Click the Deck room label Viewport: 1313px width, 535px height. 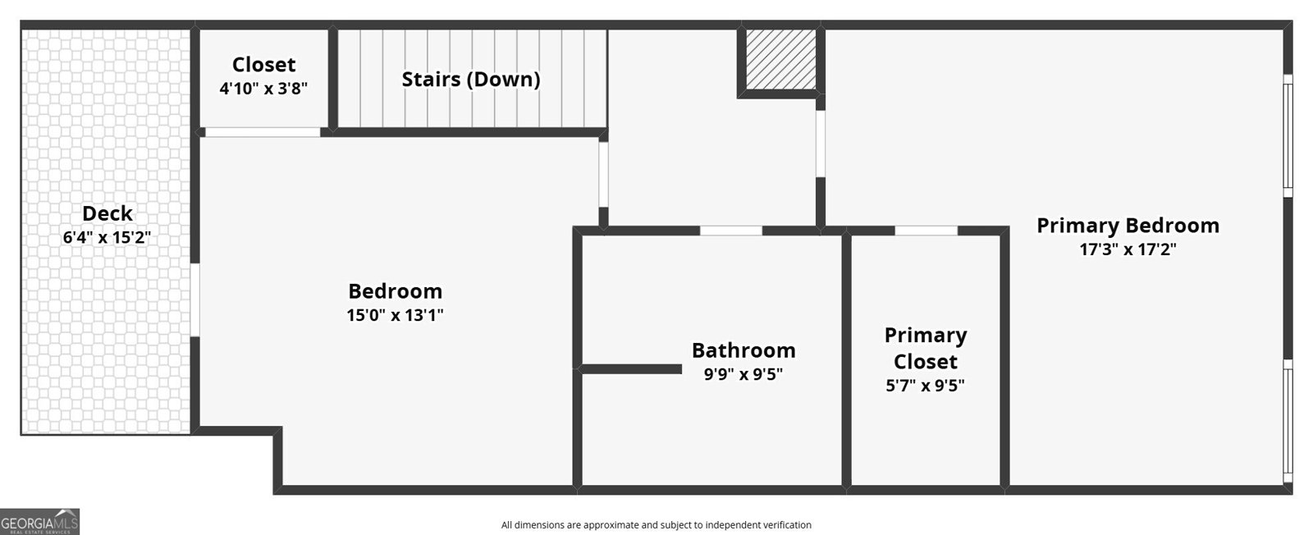coord(108,213)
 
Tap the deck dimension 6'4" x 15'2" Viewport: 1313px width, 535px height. coord(108,238)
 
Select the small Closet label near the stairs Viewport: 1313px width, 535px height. coord(263,65)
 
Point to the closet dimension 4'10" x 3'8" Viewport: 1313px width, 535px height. coord(263,89)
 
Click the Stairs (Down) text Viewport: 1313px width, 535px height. coord(471,80)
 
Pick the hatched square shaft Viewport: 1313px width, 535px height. coord(781,60)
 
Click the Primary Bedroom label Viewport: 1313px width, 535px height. coord(1128,226)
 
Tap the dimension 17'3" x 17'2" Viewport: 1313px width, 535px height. coord(1128,249)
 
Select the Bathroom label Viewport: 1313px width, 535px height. coord(743,350)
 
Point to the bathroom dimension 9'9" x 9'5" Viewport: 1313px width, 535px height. coord(743,374)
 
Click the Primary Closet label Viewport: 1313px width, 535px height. coord(925,348)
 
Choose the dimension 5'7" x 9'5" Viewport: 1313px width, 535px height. coord(925,385)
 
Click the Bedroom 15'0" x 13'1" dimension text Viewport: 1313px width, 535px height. coord(395,315)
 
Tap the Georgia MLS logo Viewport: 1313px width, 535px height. coord(39,522)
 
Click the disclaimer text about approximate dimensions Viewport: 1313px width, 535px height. coord(656,525)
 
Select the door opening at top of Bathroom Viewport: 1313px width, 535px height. coord(730,231)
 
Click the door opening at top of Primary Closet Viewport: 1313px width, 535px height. coord(926,231)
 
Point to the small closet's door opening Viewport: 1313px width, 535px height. coord(262,132)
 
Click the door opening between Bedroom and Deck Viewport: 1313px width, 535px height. coord(195,300)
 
